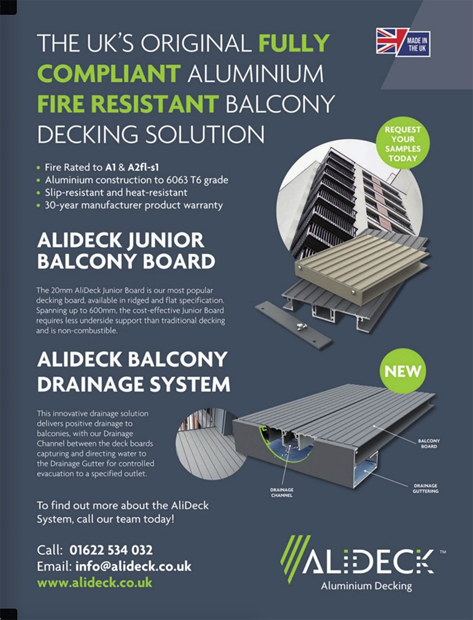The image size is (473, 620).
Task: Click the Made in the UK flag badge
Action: coord(403,42)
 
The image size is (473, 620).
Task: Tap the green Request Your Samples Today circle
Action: coord(402,144)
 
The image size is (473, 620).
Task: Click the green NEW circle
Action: coord(403,371)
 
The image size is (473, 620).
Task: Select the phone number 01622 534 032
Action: coord(111,550)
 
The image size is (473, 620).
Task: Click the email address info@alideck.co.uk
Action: coord(133,566)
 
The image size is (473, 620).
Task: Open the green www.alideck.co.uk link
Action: coord(94,582)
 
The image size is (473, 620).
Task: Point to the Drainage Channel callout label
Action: coord(282,492)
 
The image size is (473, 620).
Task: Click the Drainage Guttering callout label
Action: coord(425,489)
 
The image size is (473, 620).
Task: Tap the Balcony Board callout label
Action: coord(429,443)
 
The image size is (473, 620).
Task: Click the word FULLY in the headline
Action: coord(294,43)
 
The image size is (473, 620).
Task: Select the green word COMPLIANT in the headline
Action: coord(109,74)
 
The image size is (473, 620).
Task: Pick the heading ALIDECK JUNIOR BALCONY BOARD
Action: coord(126,250)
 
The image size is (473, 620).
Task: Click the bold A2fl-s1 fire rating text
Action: coord(143,167)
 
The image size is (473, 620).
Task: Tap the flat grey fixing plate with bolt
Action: coord(294,325)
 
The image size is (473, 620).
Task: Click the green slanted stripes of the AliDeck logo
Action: coord(295,559)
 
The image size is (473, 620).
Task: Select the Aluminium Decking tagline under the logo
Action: coord(366,586)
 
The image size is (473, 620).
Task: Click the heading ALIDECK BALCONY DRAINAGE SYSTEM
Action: coord(133,371)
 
